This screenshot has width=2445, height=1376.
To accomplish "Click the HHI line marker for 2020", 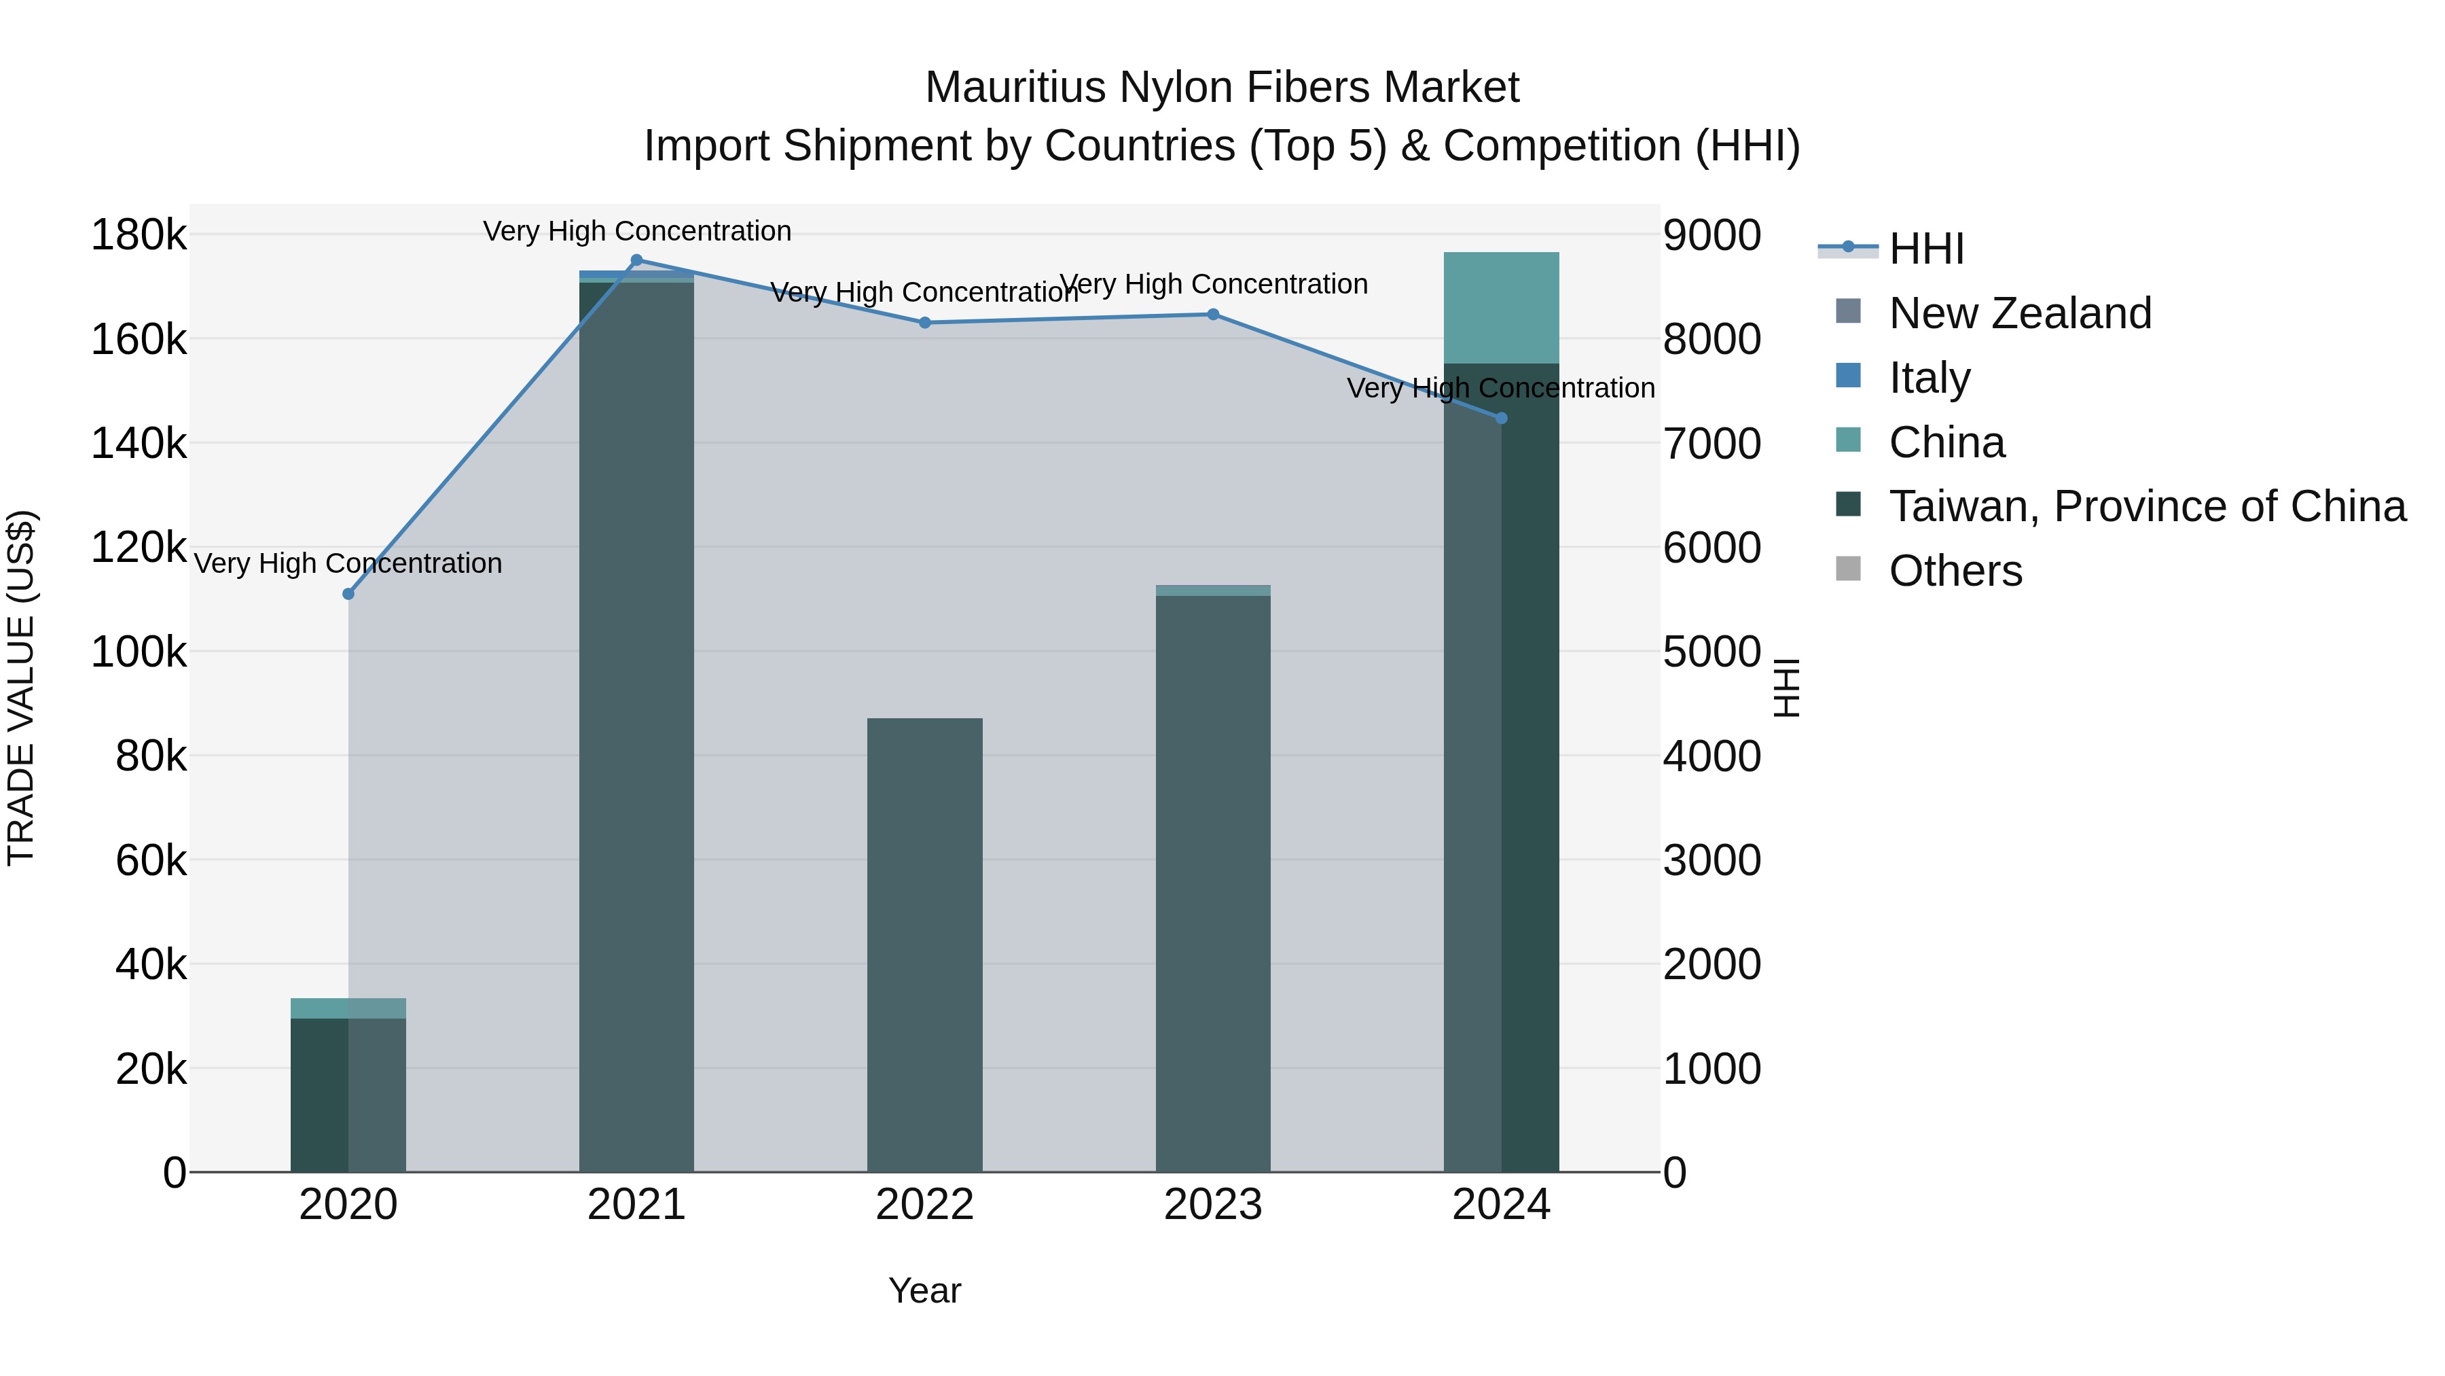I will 348,595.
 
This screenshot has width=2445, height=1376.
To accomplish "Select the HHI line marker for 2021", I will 637,260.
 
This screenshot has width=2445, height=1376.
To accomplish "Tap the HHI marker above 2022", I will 926,323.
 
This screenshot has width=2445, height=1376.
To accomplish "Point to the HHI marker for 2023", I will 1213,315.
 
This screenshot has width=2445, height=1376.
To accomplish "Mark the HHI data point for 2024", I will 1502,418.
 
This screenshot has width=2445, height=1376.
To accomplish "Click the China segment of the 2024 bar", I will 1502,308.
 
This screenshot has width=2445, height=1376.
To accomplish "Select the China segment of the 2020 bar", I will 348,1008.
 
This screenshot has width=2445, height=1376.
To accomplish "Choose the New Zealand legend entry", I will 2020,313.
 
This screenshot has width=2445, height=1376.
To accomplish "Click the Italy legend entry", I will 1930,378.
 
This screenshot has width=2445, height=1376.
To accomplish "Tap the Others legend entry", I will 1955,571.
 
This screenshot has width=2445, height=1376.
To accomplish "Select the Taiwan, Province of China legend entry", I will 2147,506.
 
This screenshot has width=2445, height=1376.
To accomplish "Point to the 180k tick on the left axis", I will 139,234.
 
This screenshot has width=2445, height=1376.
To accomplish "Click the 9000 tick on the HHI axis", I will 1711,234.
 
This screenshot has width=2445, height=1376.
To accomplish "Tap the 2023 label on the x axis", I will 1213,1205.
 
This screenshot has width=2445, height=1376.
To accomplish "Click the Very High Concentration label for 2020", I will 348,563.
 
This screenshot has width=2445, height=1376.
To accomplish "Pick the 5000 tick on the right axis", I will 1711,652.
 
